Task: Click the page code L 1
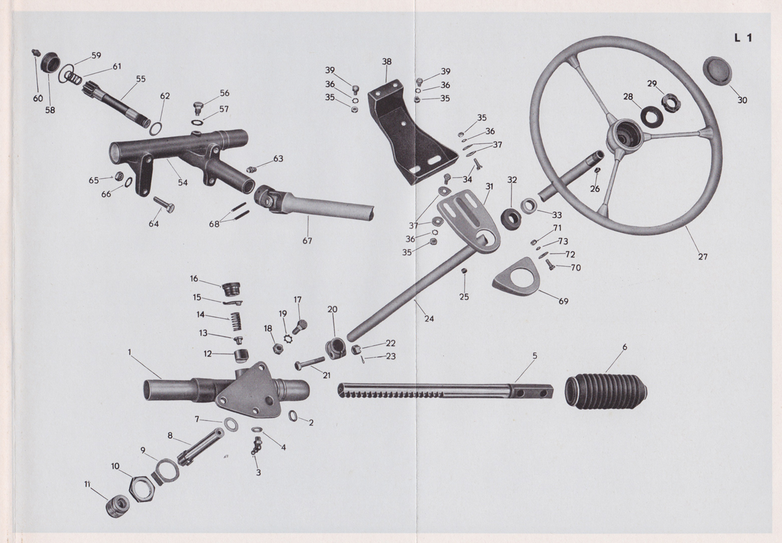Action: coord(742,38)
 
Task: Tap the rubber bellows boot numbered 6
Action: coord(605,391)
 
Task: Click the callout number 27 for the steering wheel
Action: coord(702,256)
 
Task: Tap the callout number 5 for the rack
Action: coord(534,356)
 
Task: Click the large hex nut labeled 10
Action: coord(142,486)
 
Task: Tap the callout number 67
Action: coord(307,241)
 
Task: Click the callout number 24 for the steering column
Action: coord(429,318)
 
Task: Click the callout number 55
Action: coord(141,79)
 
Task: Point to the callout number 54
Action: coord(182,183)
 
